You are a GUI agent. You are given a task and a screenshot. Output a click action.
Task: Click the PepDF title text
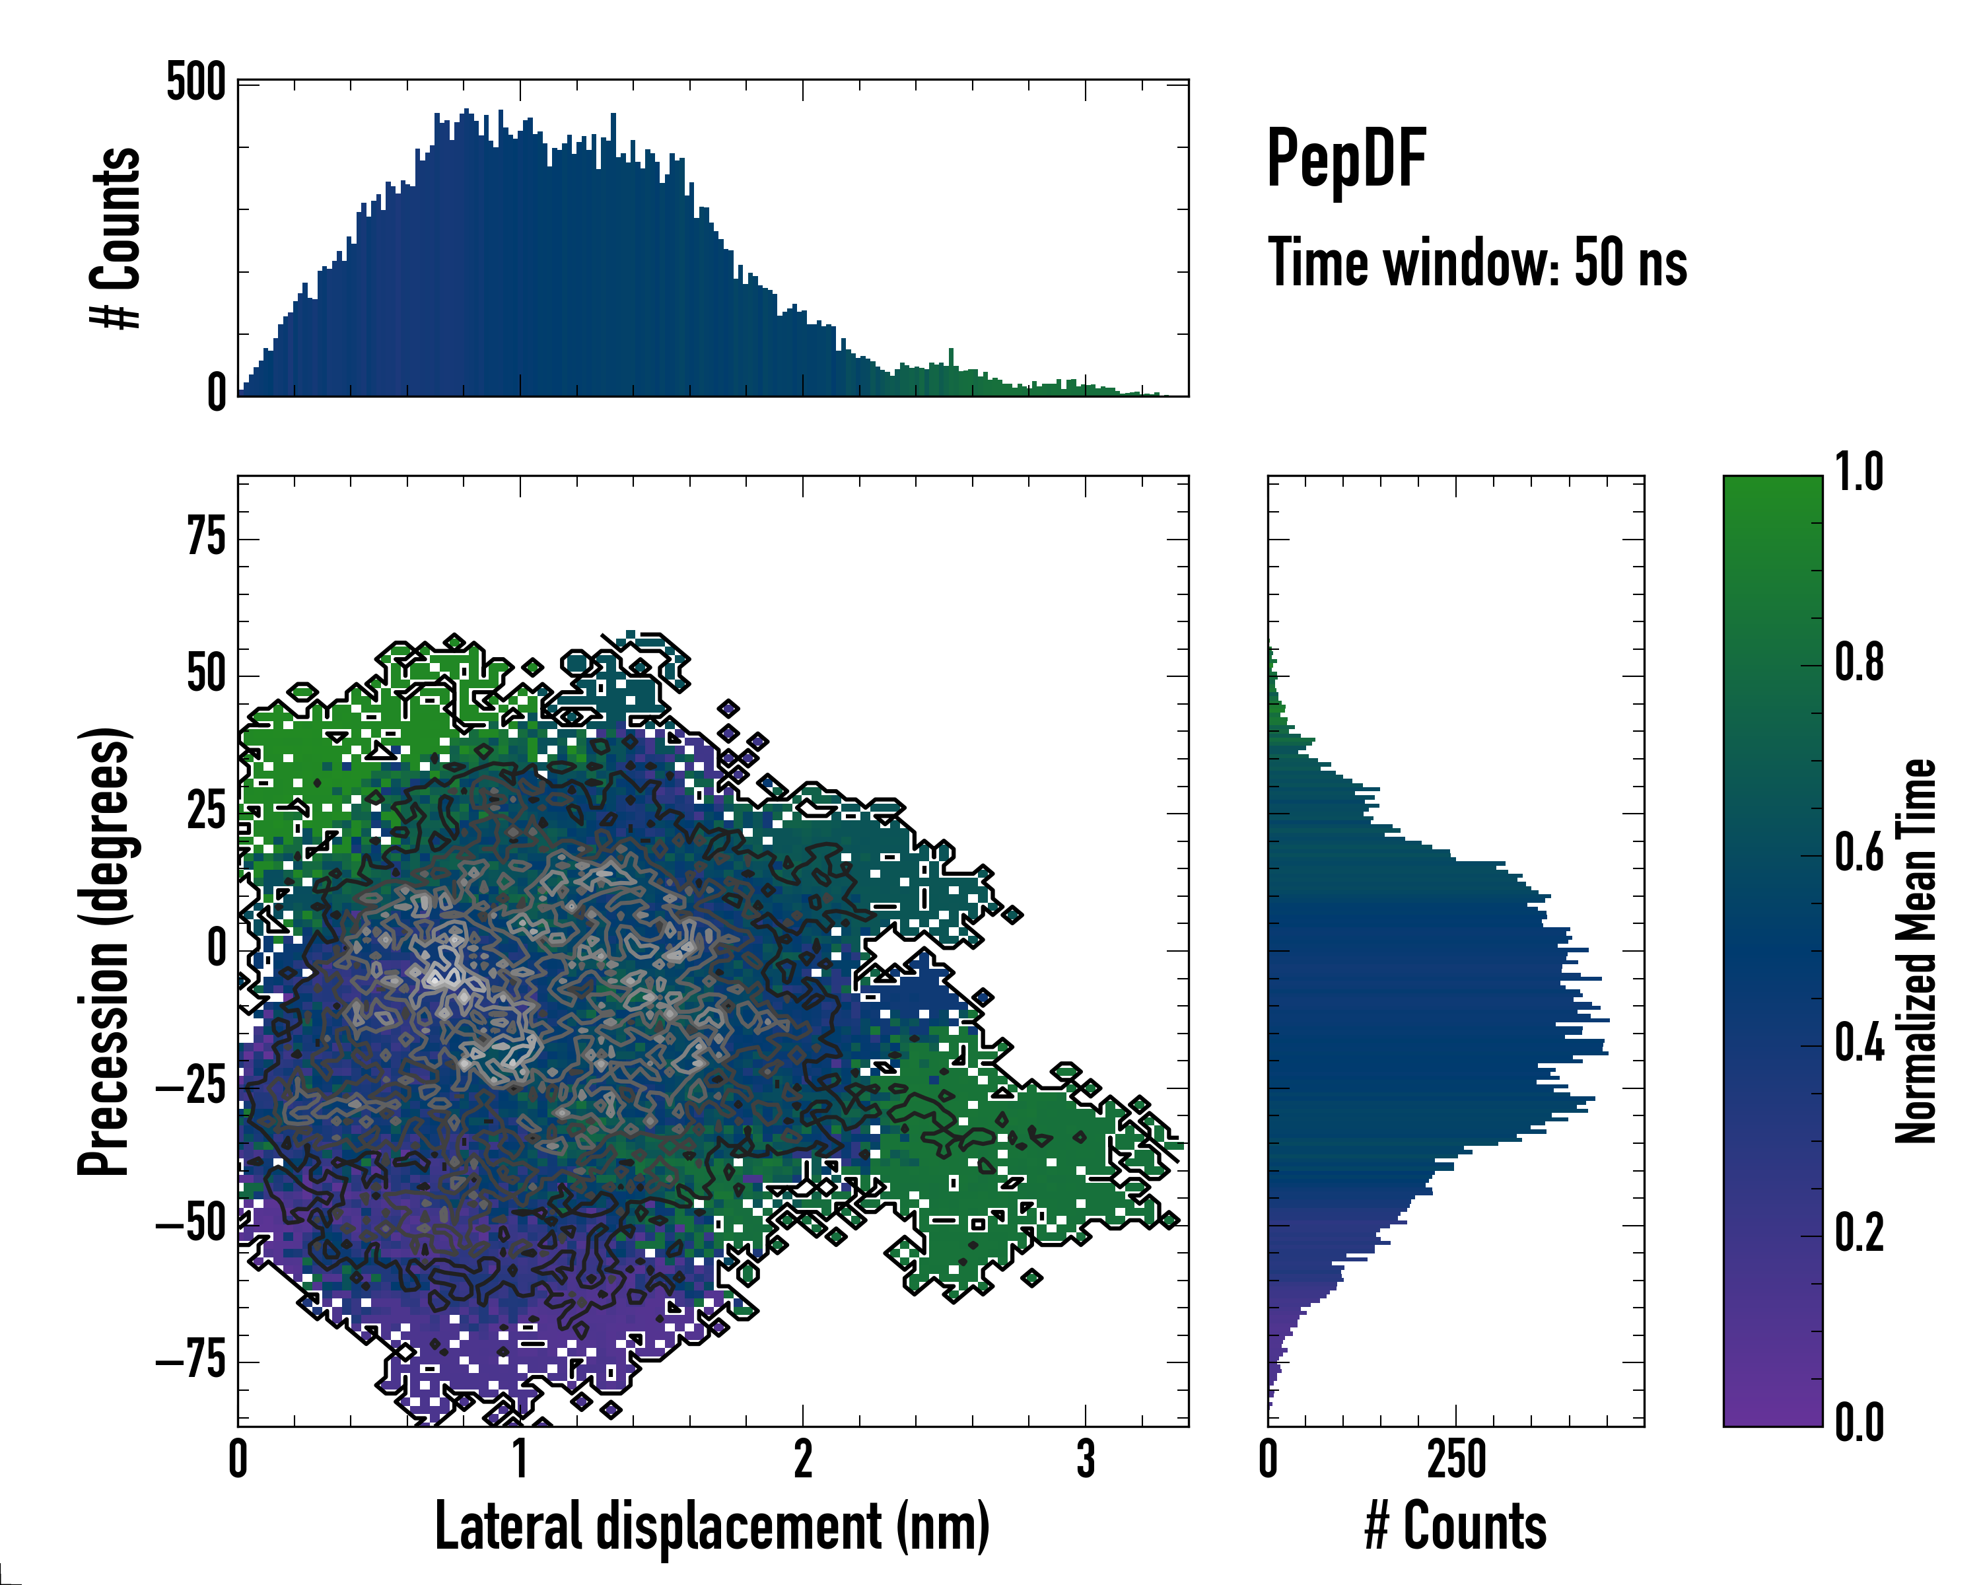(x=1345, y=159)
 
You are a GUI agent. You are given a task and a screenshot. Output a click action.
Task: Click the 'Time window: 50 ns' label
(x=1477, y=263)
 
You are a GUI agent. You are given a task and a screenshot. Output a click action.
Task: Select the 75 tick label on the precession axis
(x=207, y=537)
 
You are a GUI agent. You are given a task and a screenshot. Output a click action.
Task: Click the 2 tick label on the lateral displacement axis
(x=802, y=1459)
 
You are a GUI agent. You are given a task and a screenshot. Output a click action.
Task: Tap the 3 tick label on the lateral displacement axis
(x=1085, y=1459)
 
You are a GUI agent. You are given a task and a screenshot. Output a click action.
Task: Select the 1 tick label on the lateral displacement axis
(x=520, y=1459)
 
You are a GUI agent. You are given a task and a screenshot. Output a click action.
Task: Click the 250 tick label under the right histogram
(x=1455, y=1459)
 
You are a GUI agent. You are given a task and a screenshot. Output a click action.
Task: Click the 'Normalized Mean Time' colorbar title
(x=1916, y=951)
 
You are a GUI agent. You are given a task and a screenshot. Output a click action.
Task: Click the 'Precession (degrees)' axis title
(x=103, y=951)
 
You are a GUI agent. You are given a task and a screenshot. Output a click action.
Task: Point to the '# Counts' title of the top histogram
(x=116, y=238)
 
